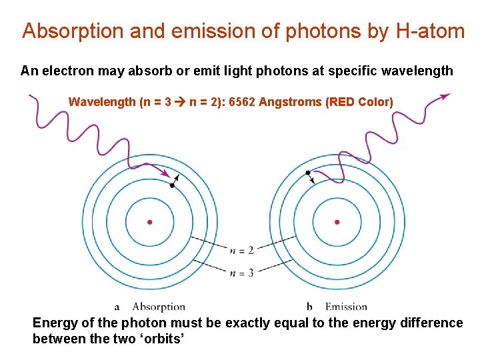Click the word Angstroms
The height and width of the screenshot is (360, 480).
(x=291, y=102)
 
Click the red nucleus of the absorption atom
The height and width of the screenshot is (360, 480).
(x=150, y=222)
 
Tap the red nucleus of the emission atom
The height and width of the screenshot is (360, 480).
(x=337, y=222)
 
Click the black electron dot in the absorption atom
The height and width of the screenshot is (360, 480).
(x=172, y=185)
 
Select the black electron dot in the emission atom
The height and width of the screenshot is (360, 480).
(x=308, y=173)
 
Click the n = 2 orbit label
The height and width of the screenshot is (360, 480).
(x=241, y=250)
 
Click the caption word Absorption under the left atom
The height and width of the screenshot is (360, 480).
(x=159, y=307)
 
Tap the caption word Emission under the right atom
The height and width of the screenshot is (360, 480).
(x=346, y=307)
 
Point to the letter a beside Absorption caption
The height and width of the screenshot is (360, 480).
(x=117, y=307)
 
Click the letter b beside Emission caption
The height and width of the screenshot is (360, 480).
(x=309, y=307)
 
